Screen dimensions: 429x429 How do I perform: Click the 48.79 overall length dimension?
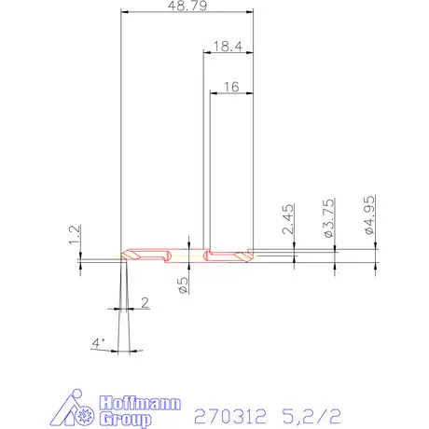click(187, 7)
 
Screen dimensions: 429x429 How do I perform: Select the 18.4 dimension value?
click(228, 45)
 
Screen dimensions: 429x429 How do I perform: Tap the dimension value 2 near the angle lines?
click(145, 301)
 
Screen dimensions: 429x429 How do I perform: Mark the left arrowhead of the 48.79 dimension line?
click(126, 12)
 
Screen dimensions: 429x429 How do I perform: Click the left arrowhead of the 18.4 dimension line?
click(207, 52)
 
